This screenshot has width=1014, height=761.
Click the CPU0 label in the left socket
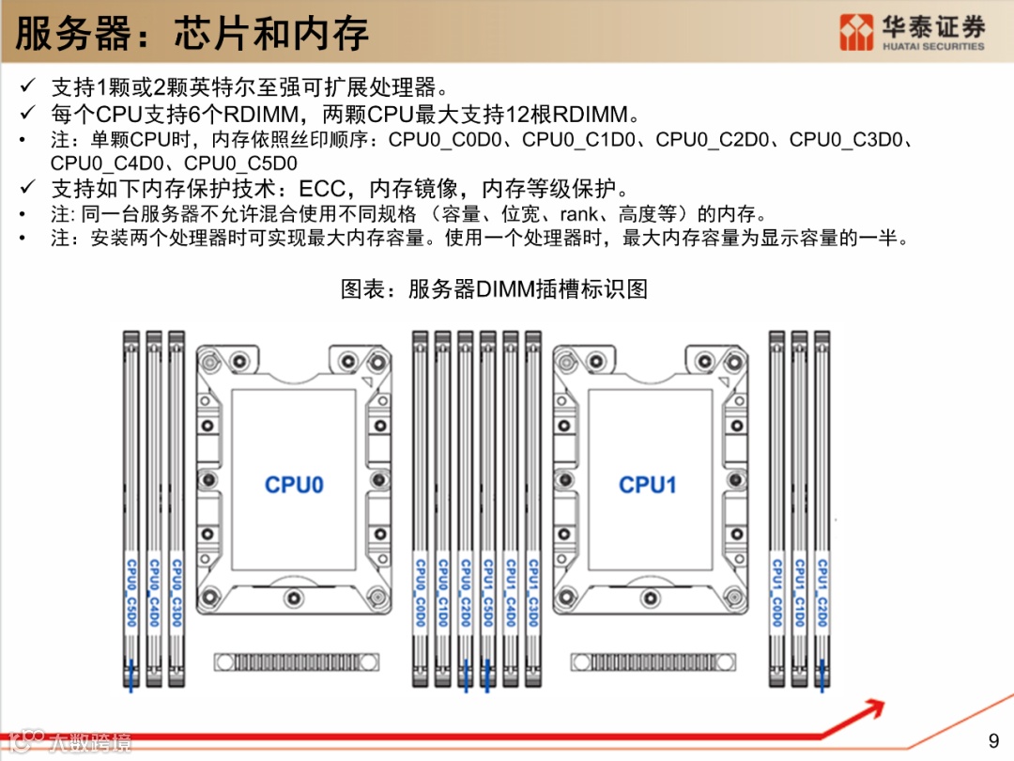pyautogui.click(x=294, y=485)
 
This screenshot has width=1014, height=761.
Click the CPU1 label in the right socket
pyautogui.click(x=647, y=485)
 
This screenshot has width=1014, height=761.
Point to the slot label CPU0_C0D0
pyautogui.click(x=420, y=593)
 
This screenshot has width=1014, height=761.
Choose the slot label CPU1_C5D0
pyautogui.click(x=488, y=593)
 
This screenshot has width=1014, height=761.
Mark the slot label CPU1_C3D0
pyautogui.click(x=533, y=593)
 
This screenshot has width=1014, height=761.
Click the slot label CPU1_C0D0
pyautogui.click(x=776, y=593)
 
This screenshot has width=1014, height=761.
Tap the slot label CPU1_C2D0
pyautogui.click(x=822, y=593)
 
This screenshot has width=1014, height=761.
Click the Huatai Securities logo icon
pyautogui.click(x=856, y=32)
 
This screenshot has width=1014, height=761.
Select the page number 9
pyautogui.click(x=995, y=738)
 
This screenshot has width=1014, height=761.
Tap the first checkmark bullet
pyautogui.click(x=28, y=88)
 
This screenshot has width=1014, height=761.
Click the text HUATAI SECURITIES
pyautogui.click(x=933, y=46)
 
